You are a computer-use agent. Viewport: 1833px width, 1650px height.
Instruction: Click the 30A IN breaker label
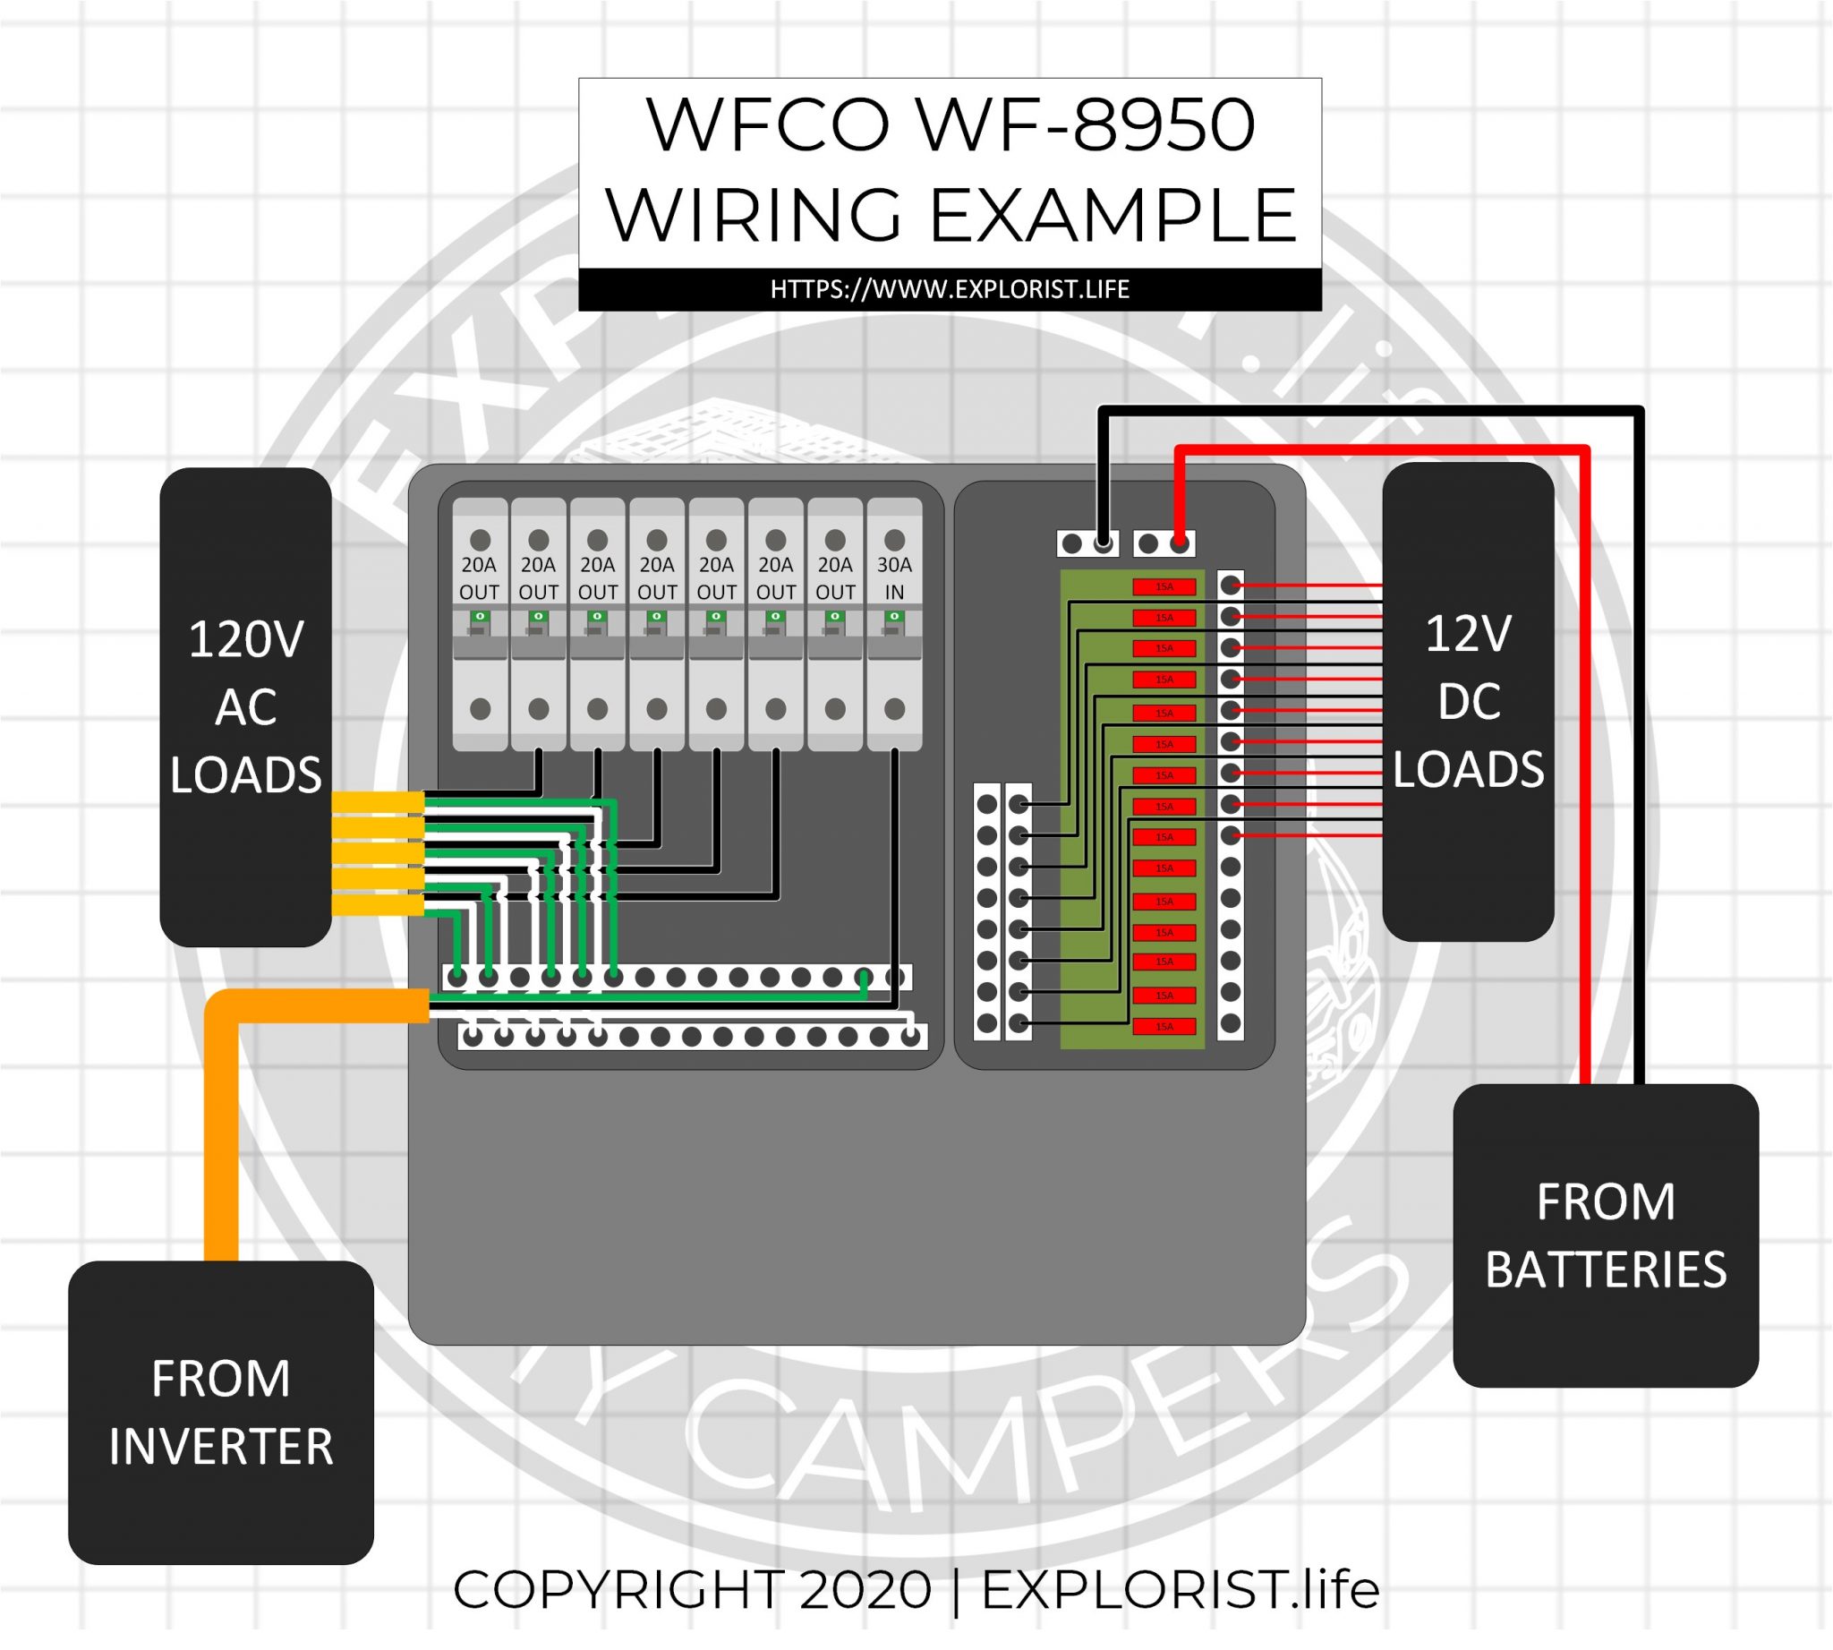point(894,578)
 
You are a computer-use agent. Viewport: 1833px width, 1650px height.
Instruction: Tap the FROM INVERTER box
point(220,1412)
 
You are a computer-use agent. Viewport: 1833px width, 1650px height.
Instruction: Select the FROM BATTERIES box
point(1605,1235)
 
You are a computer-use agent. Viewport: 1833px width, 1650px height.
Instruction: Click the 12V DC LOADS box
point(1467,701)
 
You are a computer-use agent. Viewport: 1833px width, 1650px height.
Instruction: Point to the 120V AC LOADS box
point(244,706)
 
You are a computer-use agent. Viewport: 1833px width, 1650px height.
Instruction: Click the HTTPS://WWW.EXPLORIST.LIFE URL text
point(949,289)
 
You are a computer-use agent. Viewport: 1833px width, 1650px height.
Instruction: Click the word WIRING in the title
point(754,215)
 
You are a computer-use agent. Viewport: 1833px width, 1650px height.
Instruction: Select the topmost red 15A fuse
point(1164,586)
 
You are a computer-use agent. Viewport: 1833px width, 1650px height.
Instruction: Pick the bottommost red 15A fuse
point(1164,1026)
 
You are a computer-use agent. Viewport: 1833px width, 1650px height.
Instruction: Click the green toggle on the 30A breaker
point(895,618)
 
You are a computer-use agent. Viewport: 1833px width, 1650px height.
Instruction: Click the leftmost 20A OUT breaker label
point(479,578)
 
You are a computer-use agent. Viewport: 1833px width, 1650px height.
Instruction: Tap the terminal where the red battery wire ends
point(1179,544)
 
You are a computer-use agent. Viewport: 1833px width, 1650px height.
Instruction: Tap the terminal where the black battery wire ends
point(1104,544)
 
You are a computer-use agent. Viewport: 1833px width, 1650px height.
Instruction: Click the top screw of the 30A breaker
point(895,540)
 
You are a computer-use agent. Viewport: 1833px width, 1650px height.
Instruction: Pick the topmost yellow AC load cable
point(377,801)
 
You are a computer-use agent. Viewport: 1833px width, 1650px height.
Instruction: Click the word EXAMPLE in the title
point(1112,215)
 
